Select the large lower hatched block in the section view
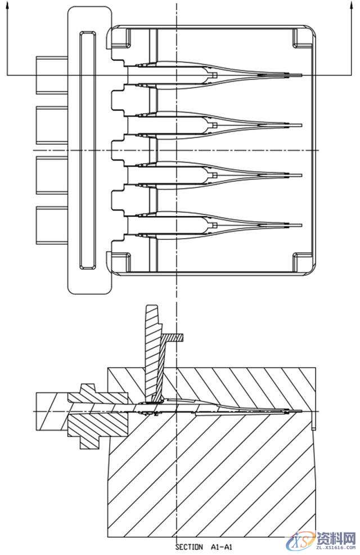[x=214, y=473]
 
